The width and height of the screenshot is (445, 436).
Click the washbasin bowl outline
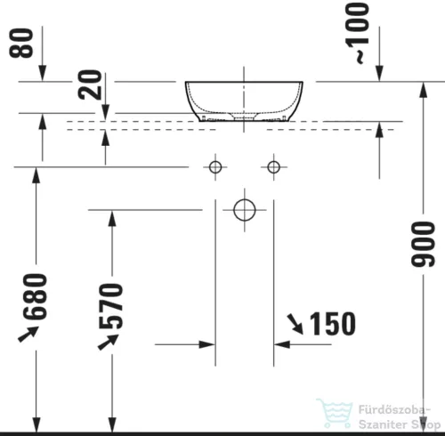(x=244, y=100)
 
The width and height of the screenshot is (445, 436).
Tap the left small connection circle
(x=214, y=166)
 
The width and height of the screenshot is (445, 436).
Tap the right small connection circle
(x=273, y=166)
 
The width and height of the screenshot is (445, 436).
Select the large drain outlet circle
(x=244, y=210)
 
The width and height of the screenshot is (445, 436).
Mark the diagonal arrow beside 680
(x=28, y=333)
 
